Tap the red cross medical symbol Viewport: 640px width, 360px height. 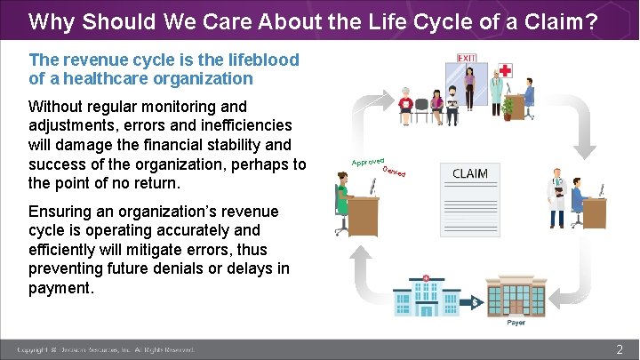[x=506, y=70]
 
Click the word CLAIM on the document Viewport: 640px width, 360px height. [x=470, y=172]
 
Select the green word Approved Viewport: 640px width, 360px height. [x=366, y=160]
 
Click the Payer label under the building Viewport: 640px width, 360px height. [x=516, y=323]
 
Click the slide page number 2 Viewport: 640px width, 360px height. [x=620, y=350]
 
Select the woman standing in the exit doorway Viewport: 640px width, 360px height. [x=468, y=87]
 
